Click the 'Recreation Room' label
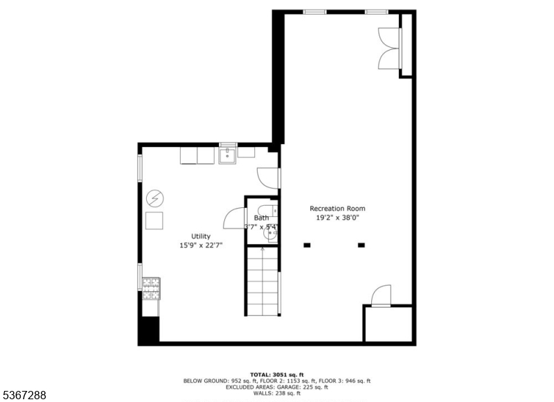click(337, 209)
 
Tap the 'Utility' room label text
click(201, 236)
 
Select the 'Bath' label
click(261, 218)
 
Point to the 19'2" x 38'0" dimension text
click(337, 218)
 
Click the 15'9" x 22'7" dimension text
click(201, 245)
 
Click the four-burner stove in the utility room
click(151, 283)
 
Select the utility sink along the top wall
click(228, 155)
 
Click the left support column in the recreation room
click(307, 245)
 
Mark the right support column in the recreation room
click(361, 245)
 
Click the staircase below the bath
click(262, 281)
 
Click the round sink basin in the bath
click(271, 234)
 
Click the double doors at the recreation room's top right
click(390, 49)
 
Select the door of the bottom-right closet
click(382, 296)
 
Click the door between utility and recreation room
click(269, 177)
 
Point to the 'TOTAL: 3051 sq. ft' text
click(276, 374)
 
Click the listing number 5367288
click(25, 395)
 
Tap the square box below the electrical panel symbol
click(154, 221)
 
